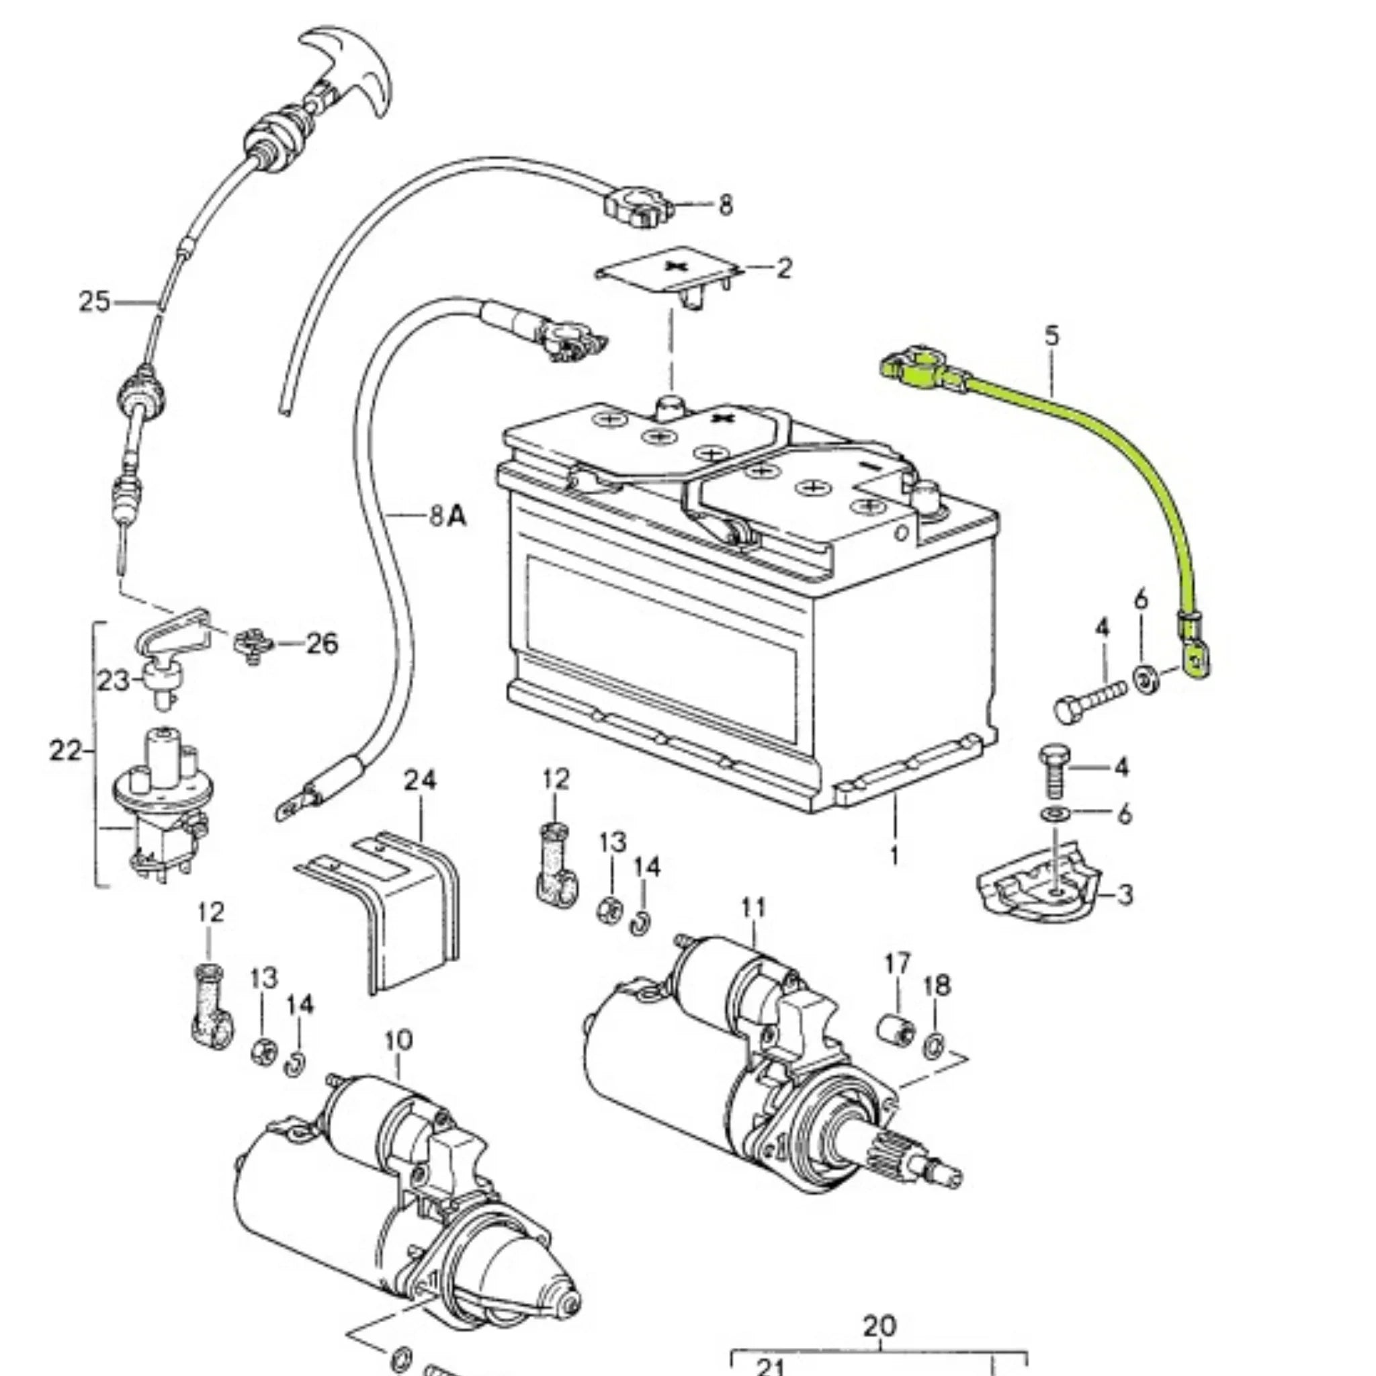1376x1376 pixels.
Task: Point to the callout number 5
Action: coord(1052,335)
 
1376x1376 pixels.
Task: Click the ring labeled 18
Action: coord(935,1047)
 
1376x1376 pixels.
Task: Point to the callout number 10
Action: coord(398,1041)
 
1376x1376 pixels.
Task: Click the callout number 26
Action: coord(322,644)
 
